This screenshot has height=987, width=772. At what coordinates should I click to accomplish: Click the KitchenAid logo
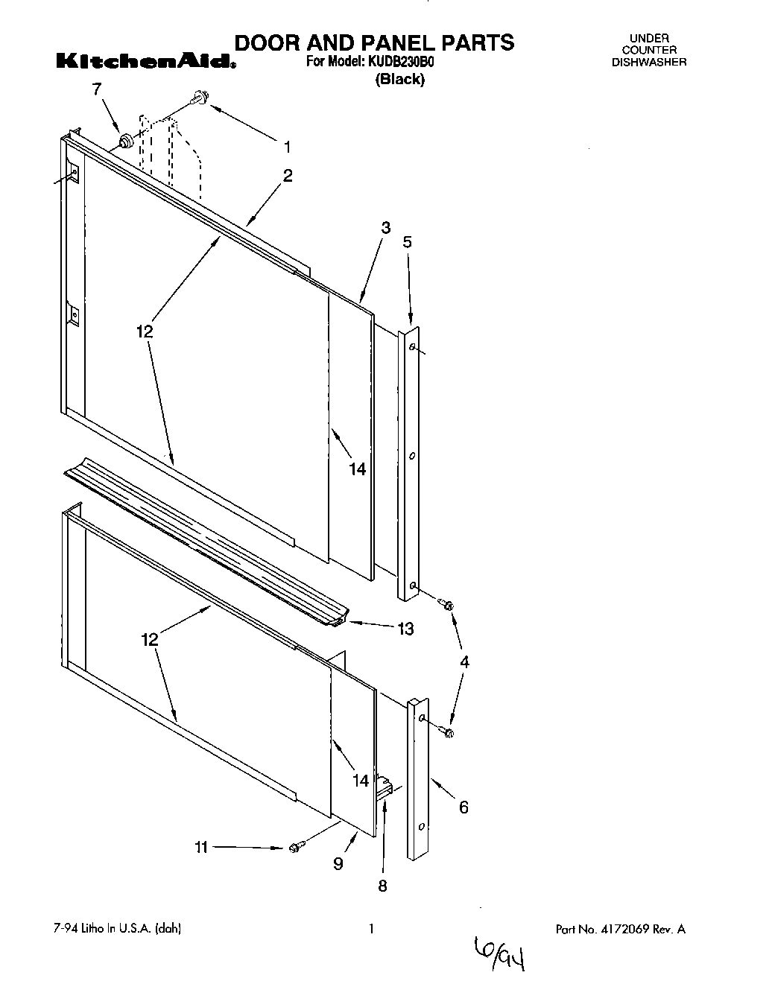[x=146, y=61]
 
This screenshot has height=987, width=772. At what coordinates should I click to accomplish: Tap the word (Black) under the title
[x=399, y=80]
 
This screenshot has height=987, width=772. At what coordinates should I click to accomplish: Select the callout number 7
[x=96, y=89]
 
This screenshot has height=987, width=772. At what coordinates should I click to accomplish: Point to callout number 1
[x=288, y=147]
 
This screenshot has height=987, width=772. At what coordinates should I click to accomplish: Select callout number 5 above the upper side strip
[x=407, y=241]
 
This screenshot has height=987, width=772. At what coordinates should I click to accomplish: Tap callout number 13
[x=405, y=629]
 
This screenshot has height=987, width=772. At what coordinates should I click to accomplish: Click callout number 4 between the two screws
[x=464, y=661]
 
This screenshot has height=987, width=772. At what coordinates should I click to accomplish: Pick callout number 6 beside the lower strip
[x=463, y=807]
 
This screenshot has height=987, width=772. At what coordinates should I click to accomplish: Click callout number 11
[x=201, y=847]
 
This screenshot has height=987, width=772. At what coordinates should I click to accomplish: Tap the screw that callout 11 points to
[x=295, y=847]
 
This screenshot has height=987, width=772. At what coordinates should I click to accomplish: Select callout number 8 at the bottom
[x=383, y=886]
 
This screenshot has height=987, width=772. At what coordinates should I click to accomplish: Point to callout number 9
[x=338, y=863]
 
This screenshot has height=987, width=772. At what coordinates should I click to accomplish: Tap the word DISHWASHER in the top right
[x=649, y=63]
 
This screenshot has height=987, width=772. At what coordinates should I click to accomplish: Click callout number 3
[x=385, y=228]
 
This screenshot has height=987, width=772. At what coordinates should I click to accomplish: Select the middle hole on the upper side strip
[x=412, y=456]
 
